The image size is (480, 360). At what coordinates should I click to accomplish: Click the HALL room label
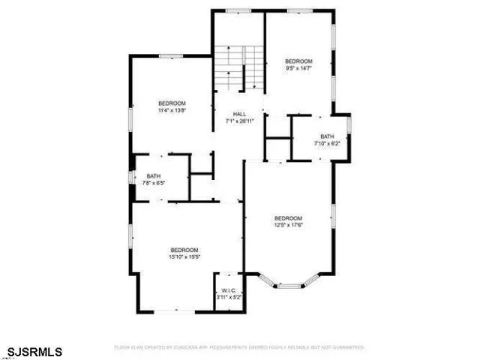click(x=239, y=114)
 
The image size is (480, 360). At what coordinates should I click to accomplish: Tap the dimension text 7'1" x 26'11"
click(x=239, y=121)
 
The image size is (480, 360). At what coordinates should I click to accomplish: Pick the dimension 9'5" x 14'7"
click(x=298, y=68)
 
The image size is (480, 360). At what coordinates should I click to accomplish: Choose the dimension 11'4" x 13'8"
click(x=172, y=110)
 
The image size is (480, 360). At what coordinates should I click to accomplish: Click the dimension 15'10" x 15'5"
click(x=184, y=256)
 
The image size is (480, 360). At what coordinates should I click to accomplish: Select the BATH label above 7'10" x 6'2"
click(x=328, y=136)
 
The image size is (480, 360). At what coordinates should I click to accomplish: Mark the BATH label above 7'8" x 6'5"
click(x=154, y=176)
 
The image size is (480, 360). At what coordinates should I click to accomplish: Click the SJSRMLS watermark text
click(x=35, y=351)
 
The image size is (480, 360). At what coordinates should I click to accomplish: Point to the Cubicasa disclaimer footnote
click(x=238, y=347)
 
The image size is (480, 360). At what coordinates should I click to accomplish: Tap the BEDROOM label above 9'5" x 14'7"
click(x=298, y=61)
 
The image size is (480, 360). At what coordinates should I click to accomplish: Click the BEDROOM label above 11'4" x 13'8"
click(x=172, y=103)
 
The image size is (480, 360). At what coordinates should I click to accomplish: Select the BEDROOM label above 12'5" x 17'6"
click(x=288, y=218)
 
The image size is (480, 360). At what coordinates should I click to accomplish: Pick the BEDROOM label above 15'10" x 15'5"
click(x=184, y=250)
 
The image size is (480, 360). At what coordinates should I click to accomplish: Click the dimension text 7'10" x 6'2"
click(x=328, y=142)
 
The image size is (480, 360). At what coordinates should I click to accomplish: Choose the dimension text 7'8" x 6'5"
click(x=154, y=183)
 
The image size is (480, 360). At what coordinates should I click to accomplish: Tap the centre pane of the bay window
click(x=289, y=286)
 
